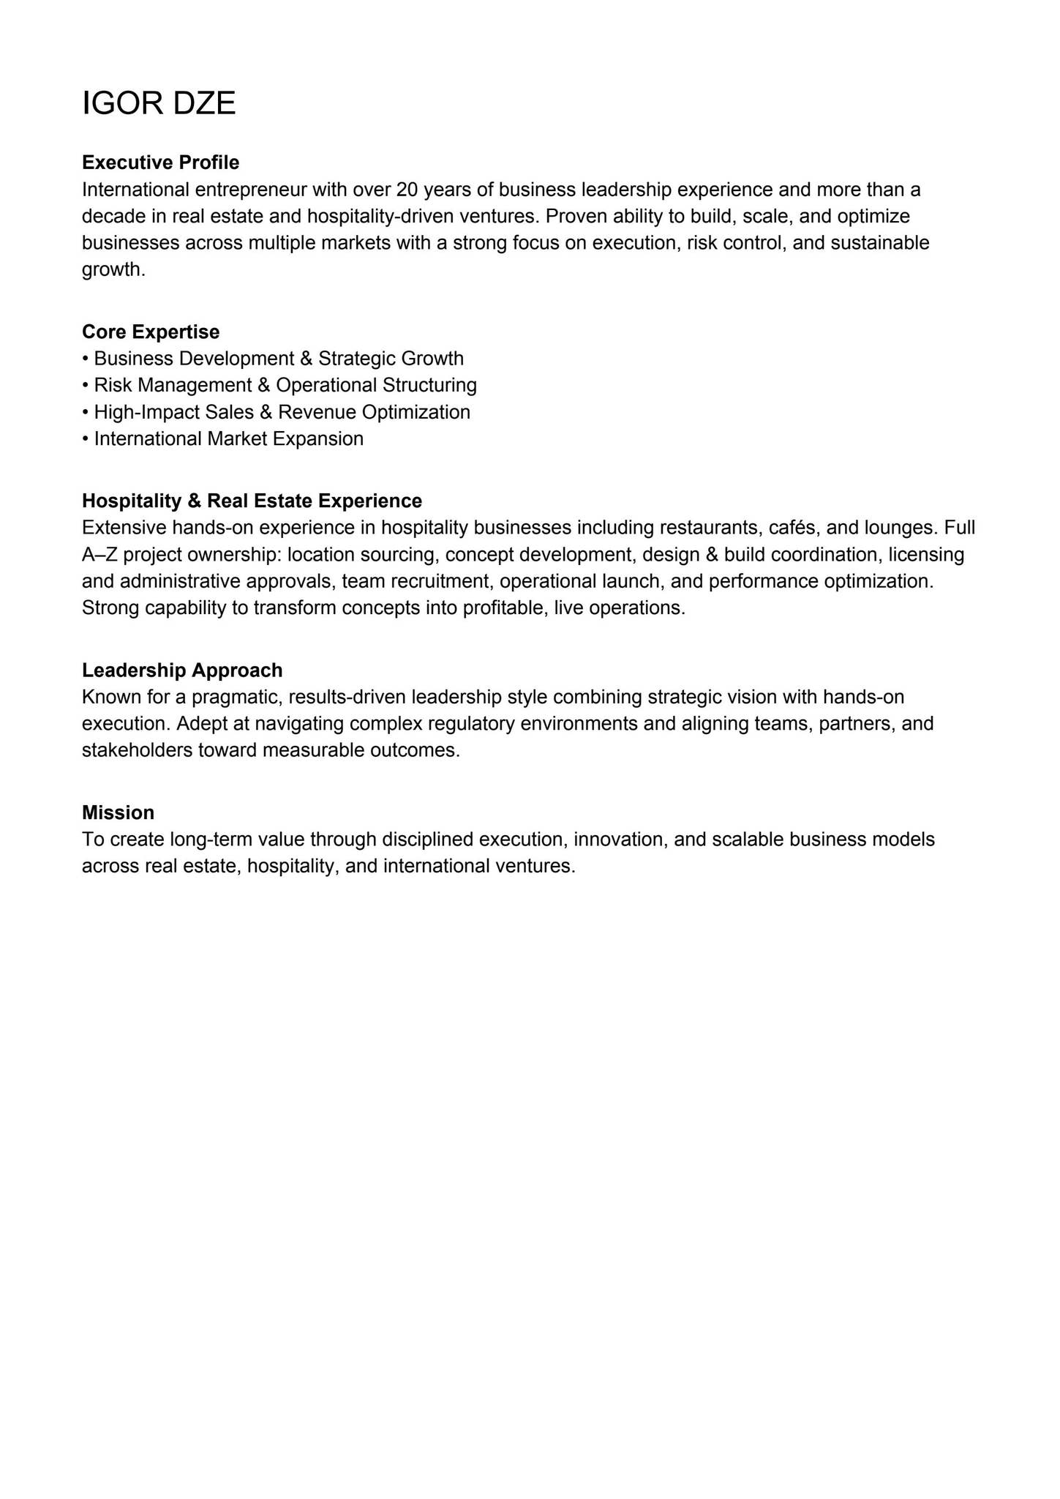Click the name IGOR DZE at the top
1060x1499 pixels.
(159, 103)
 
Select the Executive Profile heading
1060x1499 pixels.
(160, 162)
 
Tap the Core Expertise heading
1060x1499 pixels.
(151, 332)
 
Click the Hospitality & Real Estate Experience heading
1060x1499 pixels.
(252, 501)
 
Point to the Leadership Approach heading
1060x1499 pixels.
(182, 670)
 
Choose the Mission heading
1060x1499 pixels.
(118, 812)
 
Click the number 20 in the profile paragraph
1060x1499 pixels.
(407, 190)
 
